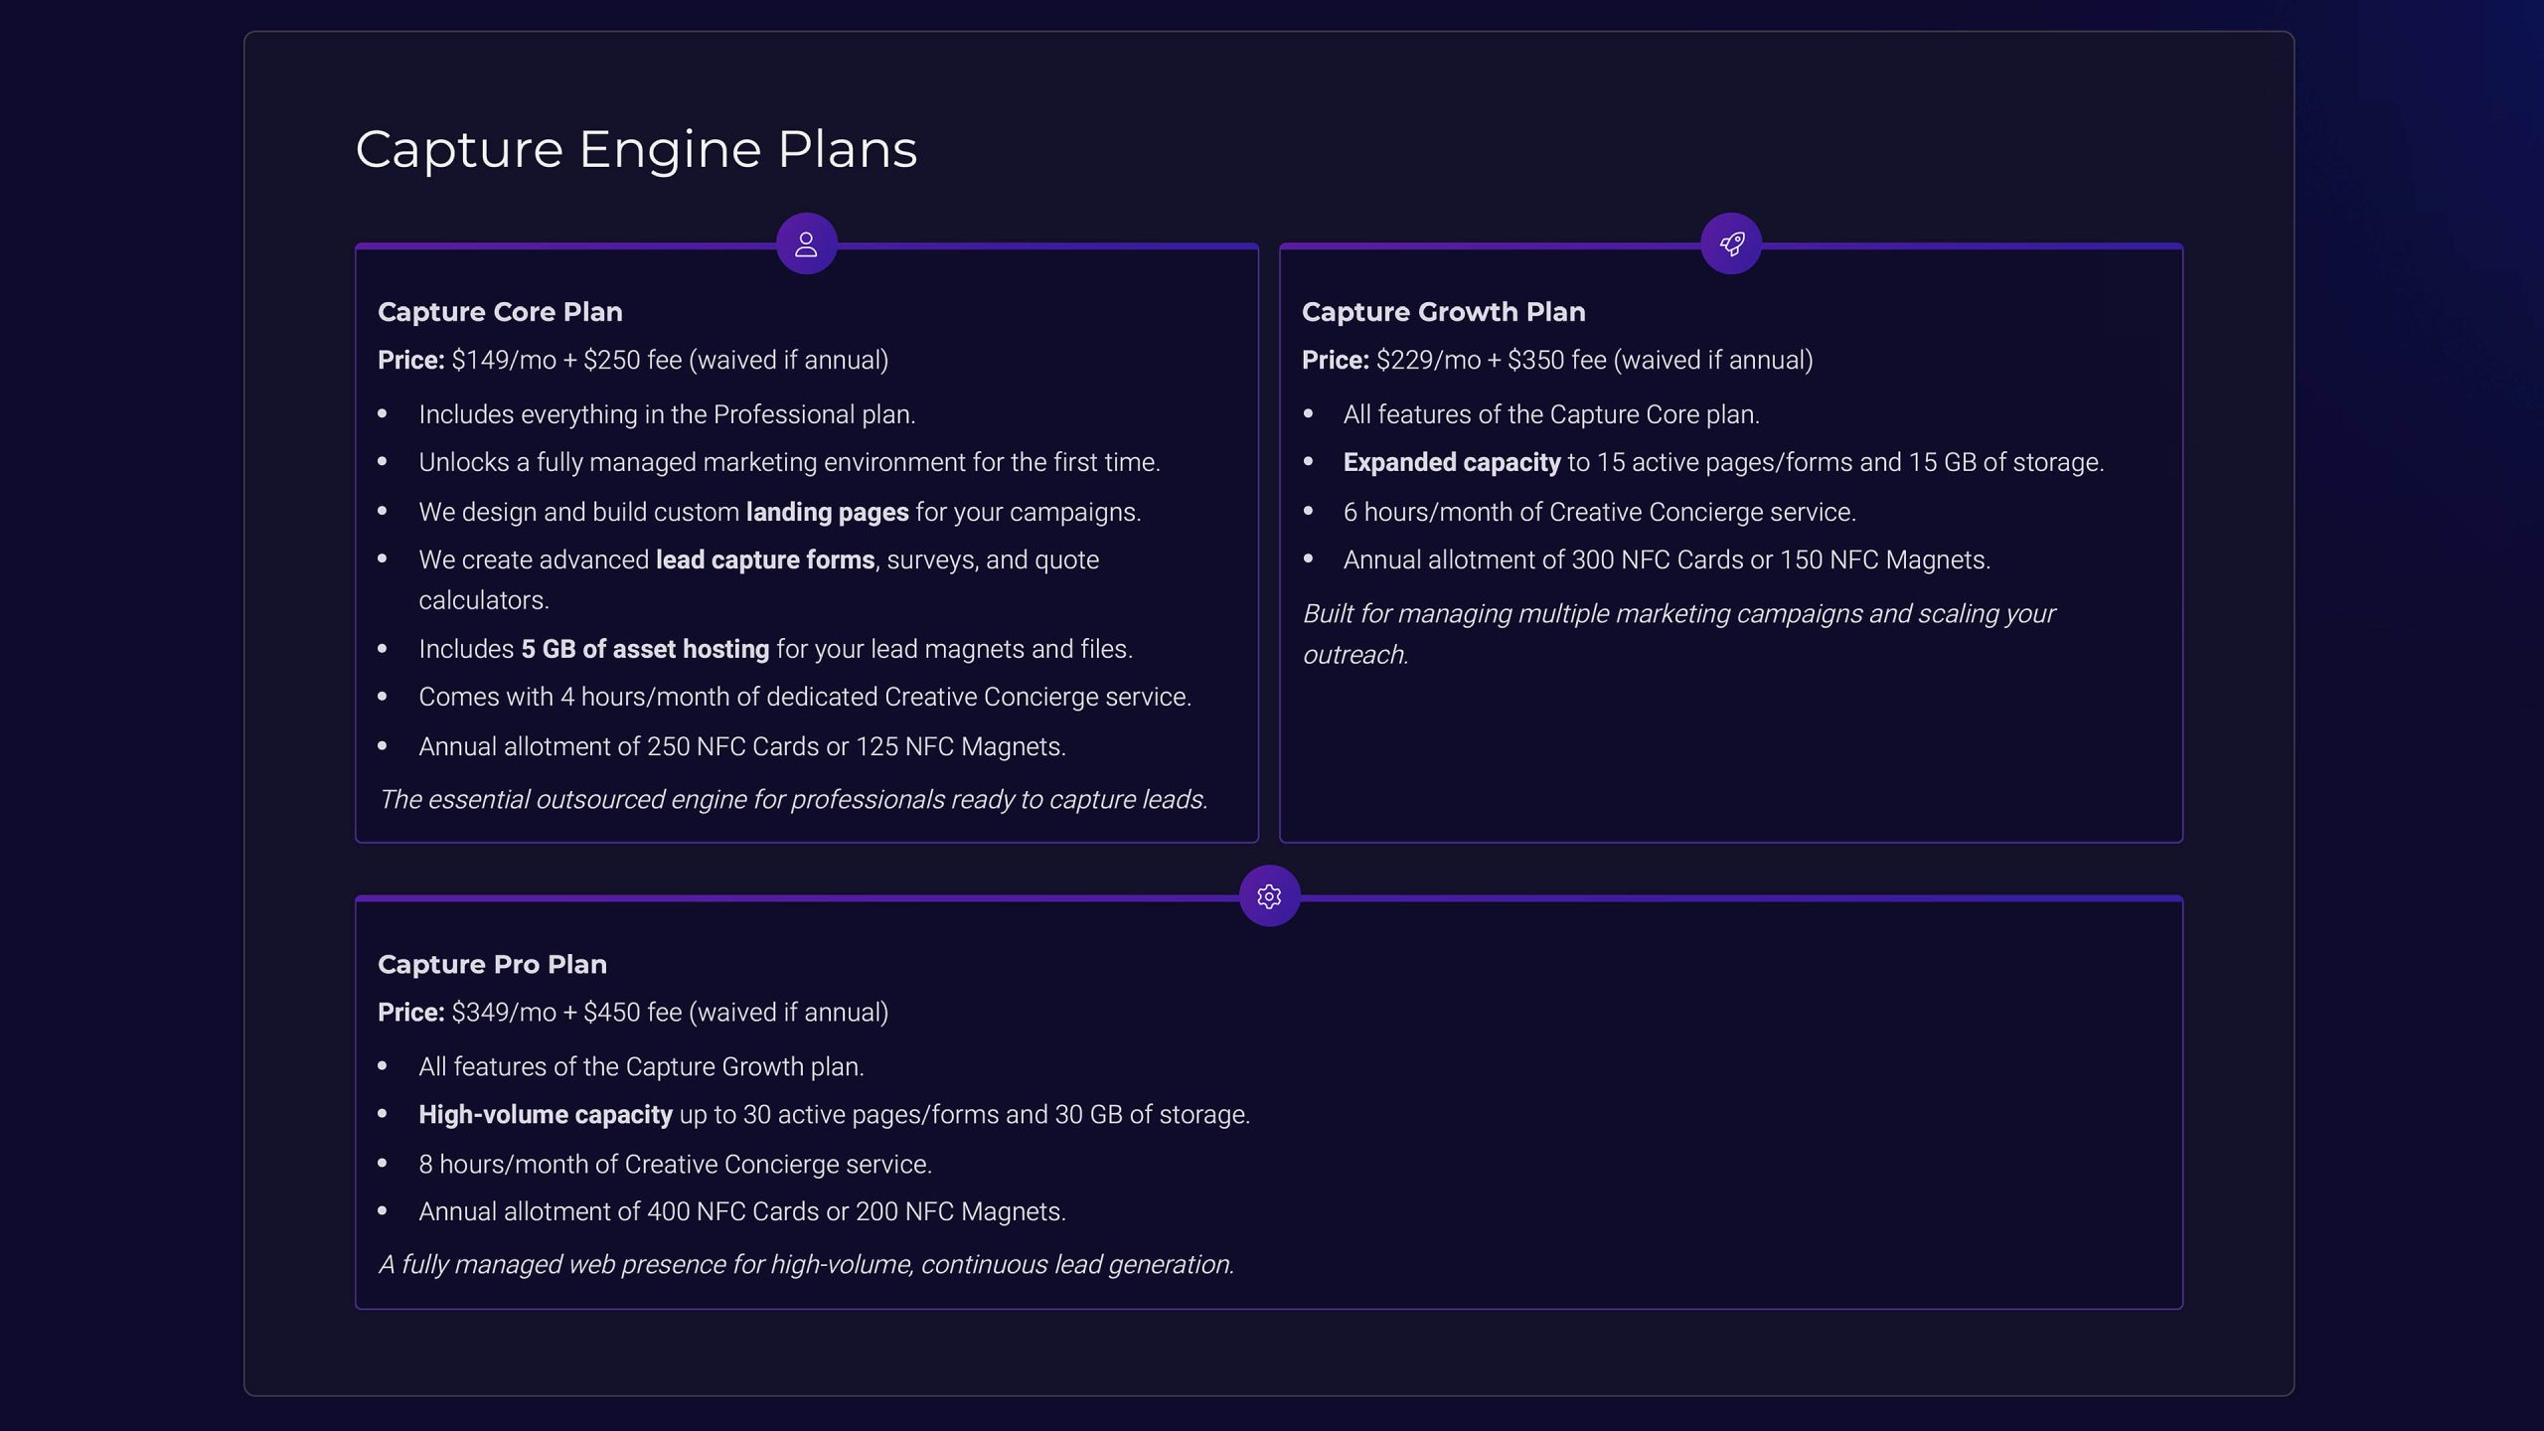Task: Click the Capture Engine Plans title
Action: coord(636,150)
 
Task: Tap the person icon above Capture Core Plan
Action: coord(806,243)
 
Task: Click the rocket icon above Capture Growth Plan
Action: coord(1731,243)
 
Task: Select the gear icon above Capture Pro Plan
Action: coord(1269,896)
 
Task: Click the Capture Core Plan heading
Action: coord(500,312)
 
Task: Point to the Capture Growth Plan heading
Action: coord(1443,312)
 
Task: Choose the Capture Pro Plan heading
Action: coord(492,964)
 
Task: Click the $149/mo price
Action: coord(504,360)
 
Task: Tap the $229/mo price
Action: coord(1428,360)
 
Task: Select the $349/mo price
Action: coord(504,1012)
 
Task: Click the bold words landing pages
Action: coord(827,512)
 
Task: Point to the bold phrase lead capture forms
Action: coord(765,559)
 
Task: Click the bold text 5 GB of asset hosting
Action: coord(645,649)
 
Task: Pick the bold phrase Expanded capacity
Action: coord(1452,462)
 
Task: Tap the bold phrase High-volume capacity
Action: coord(546,1114)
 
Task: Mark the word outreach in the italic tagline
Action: coord(1354,655)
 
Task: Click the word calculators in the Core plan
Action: coord(483,600)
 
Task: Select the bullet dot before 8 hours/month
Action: coord(383,1162)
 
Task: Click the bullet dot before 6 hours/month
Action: coord(1308,510)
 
